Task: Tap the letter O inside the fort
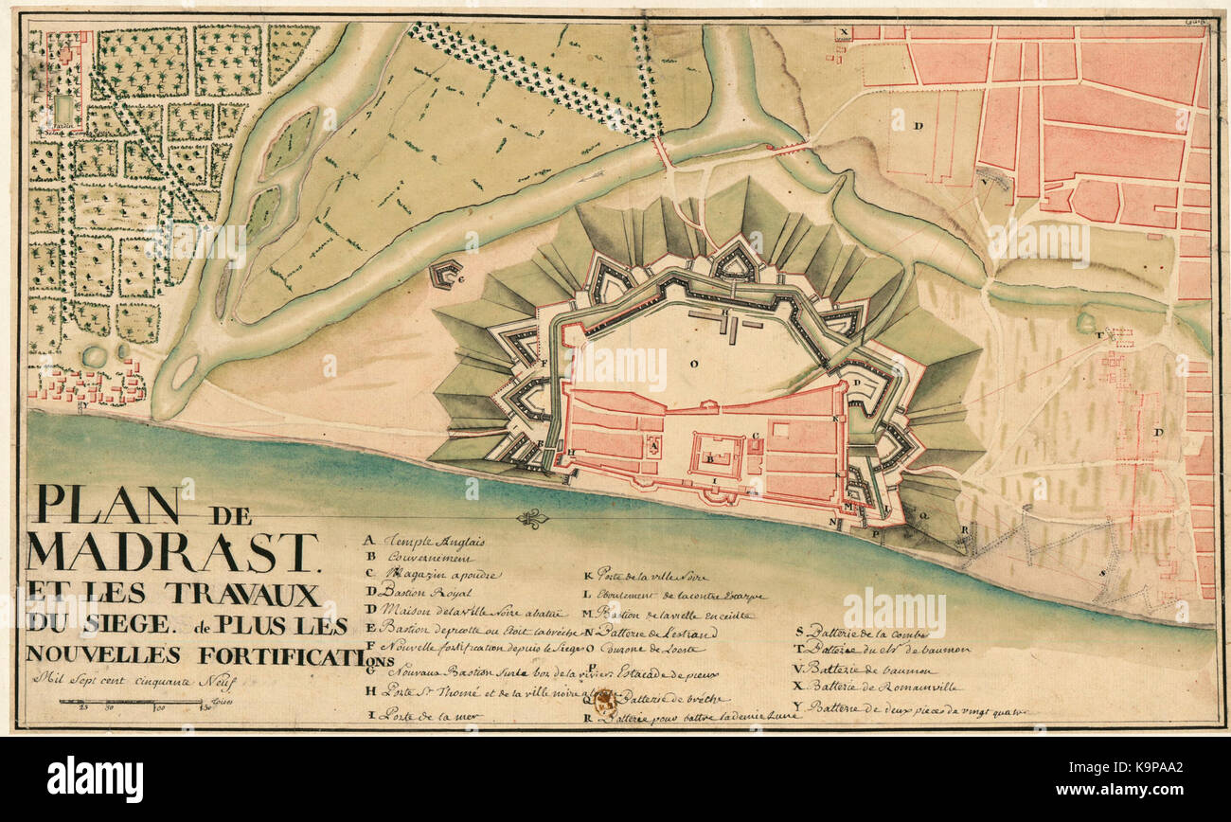tap(694, 363)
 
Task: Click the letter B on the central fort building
tap(710, 459)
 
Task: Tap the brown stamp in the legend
tap(604, 703)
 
